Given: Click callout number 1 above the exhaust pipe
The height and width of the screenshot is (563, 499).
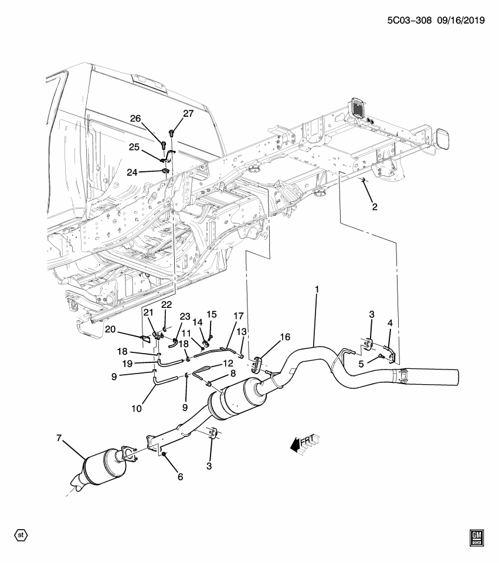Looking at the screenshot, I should coord(317,290).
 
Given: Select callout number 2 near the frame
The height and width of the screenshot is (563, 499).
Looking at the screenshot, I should coord(374,206).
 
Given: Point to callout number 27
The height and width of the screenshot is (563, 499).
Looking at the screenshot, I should coord(187,114).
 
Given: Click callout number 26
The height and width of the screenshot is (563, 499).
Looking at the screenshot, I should coord(135,119).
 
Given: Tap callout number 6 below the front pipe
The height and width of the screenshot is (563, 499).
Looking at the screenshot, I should coord(180,477).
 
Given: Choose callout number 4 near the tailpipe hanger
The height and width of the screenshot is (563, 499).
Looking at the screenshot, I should coord(390,323).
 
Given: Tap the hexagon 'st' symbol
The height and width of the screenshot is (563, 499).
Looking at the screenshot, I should coord(21,535).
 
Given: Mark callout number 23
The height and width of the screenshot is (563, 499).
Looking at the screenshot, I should coord(185,316).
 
